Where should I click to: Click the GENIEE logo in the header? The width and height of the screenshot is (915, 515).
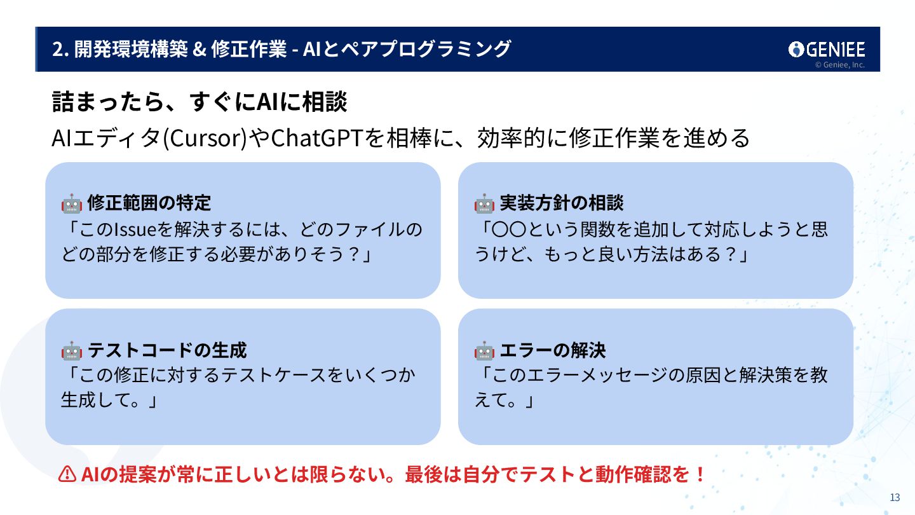coord(826,50)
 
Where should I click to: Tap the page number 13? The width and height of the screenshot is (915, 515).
coord(895,498)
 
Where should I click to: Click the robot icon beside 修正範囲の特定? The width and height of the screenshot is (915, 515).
coord(71,203)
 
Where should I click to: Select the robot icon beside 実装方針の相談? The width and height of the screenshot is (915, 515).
coord(484,203)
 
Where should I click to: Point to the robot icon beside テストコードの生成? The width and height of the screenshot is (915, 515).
coord(71,350)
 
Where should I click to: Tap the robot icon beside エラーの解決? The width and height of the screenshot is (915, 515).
coord(484,350)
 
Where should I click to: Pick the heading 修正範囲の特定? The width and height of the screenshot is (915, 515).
coord(149,203)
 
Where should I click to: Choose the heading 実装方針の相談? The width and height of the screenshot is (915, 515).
coord(562,203)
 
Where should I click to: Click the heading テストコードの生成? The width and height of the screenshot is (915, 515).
coord(167,350)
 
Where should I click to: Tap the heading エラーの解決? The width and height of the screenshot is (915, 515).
coord(553,350)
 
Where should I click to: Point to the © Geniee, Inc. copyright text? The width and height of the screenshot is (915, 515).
coord(839,65)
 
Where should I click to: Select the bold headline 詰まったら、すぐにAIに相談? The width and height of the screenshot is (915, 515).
coord(199,102)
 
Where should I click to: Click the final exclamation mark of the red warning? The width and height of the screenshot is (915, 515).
coord(700,474)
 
